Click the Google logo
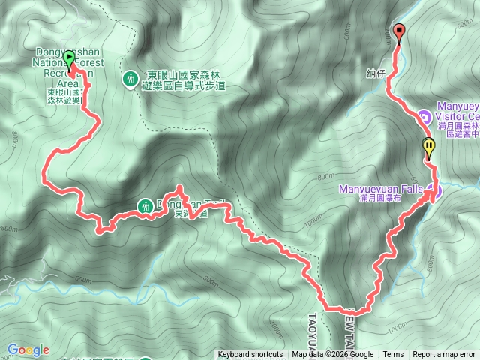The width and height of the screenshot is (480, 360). pos(28,349)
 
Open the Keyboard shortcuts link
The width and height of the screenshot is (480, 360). pos(250,355)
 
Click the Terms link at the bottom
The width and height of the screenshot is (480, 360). pos(393,355)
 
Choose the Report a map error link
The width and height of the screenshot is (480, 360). pos(444,355)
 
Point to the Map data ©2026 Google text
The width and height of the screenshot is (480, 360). pos(332,355)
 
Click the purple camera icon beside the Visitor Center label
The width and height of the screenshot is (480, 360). pos(424,116)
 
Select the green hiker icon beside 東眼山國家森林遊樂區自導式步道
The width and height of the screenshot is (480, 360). pos(130,77)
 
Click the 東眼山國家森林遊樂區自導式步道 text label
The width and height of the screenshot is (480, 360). pos(184,82)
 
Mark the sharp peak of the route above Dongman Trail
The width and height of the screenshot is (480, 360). pos(179,187)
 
